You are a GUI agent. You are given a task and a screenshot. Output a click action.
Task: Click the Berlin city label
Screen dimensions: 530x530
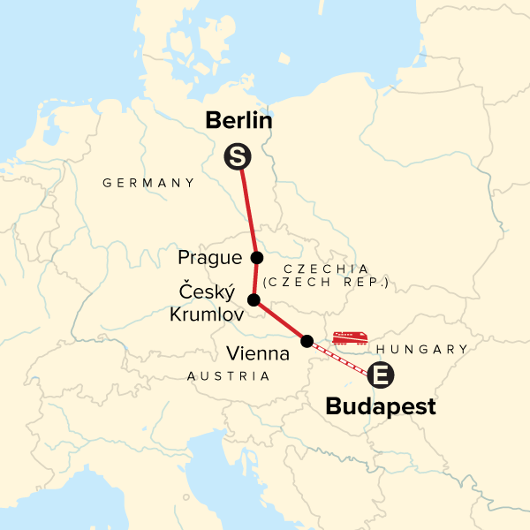(238, 121)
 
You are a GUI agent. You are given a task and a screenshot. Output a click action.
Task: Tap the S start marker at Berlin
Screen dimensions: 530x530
(237, 157)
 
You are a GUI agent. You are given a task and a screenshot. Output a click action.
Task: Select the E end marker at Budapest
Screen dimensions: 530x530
(381, 375)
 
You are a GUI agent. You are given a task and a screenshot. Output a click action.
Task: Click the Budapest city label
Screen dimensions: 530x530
(381, 407)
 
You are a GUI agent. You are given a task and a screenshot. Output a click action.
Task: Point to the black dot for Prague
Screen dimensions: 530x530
(257, 258)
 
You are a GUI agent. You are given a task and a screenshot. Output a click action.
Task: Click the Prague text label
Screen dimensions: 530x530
(209, 258)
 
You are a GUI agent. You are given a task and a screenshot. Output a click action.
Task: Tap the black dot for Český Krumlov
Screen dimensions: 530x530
(254, 300)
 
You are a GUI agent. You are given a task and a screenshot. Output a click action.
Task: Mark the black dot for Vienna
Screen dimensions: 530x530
(307, 341)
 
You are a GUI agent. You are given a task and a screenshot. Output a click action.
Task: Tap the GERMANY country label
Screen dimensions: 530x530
(148, 183)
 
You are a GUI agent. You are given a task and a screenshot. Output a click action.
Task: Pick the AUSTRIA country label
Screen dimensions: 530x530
(229, 376)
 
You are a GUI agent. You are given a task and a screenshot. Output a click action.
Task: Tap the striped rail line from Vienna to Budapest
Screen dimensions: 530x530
(340, 357)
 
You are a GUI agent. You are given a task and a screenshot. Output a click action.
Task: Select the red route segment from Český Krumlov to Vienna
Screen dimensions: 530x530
(280, 321)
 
